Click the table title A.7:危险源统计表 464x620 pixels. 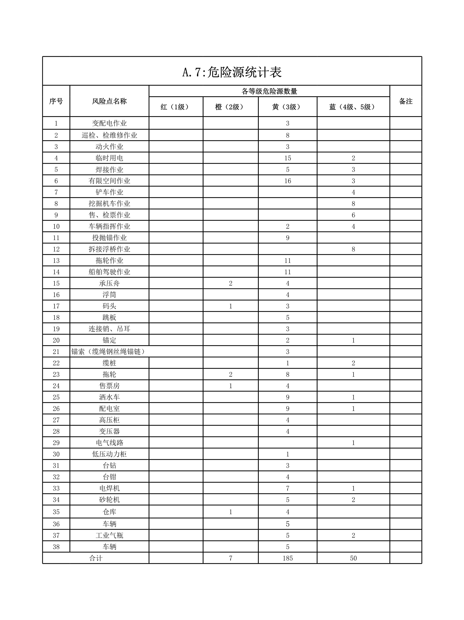[x=232, y=73]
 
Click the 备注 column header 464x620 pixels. [x=405, y=101]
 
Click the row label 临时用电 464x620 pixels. [x=109, y=158]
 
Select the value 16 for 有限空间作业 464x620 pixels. [x=288, y=181]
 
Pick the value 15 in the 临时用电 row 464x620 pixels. [x=288, y=158]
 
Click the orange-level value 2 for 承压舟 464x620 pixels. [x=230, y=283]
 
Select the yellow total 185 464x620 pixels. [x=288, y=558]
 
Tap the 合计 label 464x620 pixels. [x=96, y=558]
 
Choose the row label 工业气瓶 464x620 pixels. [x=109, y=535]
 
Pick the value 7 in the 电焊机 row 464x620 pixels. [x=288, y=488]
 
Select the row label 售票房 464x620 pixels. [x=109, y=386]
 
